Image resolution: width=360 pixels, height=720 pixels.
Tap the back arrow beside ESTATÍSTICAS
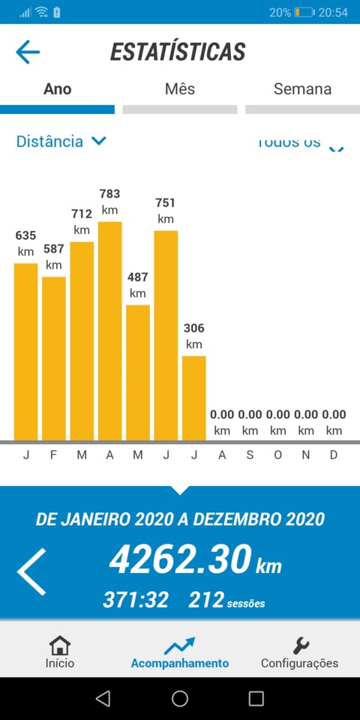tap(28, 52)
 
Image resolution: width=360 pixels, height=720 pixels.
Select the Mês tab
tap(180, 89)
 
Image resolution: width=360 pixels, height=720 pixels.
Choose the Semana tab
tap(302, 89)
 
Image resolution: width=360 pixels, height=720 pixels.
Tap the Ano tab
tap(58, 89)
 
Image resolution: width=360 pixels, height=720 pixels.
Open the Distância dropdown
tap(61, 141)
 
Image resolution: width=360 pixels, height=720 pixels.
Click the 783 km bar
tap(109, 330)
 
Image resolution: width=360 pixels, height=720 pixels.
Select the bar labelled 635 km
tap(25, 351)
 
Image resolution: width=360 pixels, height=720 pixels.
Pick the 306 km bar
tap(193, 397)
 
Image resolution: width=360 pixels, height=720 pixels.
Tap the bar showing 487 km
tap(138, 372)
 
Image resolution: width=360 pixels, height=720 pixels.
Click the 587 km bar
tap(54, 358)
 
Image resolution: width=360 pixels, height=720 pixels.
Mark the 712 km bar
tap(82, 340)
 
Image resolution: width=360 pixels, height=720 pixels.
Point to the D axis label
tap(334, 455)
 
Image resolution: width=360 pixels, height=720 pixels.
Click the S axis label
tap(250, 455)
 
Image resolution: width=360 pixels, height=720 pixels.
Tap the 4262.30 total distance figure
tap(180, 559)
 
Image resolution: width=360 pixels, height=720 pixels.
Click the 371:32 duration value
tap(135, 599)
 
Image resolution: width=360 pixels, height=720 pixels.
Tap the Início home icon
tap(59, 646)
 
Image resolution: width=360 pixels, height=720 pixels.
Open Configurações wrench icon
tap(300, 646)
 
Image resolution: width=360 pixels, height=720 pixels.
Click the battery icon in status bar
tap(304, 12)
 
